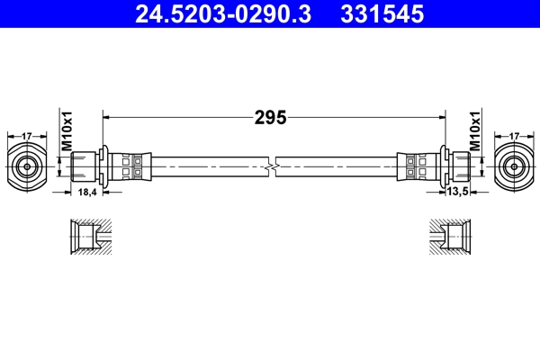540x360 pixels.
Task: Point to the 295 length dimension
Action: pos(271,116)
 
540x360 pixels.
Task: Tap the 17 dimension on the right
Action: pos(514,136)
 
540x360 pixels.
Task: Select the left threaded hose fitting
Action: pos(86,166)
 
